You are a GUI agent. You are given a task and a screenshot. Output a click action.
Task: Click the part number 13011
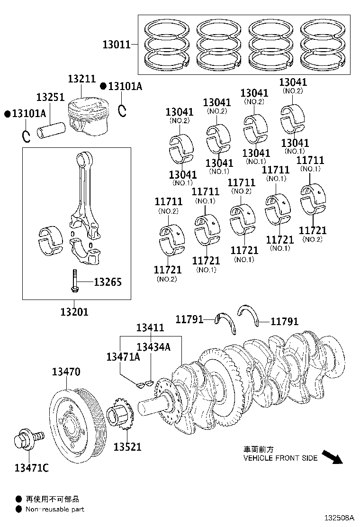click(117, 45)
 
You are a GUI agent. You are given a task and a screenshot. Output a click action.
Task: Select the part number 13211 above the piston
click(81, 80)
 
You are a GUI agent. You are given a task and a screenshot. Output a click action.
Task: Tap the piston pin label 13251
click(50, 97)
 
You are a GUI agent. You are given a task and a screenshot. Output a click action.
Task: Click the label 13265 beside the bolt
click(108, 282)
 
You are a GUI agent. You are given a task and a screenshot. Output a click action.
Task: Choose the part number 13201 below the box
click(74, 312)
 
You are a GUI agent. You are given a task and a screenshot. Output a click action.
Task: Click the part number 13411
click(150, 327)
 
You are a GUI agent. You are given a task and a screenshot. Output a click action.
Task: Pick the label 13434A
click(153, 347)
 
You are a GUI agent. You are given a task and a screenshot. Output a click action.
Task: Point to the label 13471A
click(123, 357)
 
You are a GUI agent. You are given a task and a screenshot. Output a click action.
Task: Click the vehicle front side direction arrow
click(332, 457)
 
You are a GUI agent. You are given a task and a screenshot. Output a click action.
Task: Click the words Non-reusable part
click(55, 509)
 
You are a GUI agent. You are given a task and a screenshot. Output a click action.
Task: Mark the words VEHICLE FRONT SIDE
click(280, 458)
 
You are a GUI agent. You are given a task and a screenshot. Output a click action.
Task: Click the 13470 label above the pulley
click(66, 372)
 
